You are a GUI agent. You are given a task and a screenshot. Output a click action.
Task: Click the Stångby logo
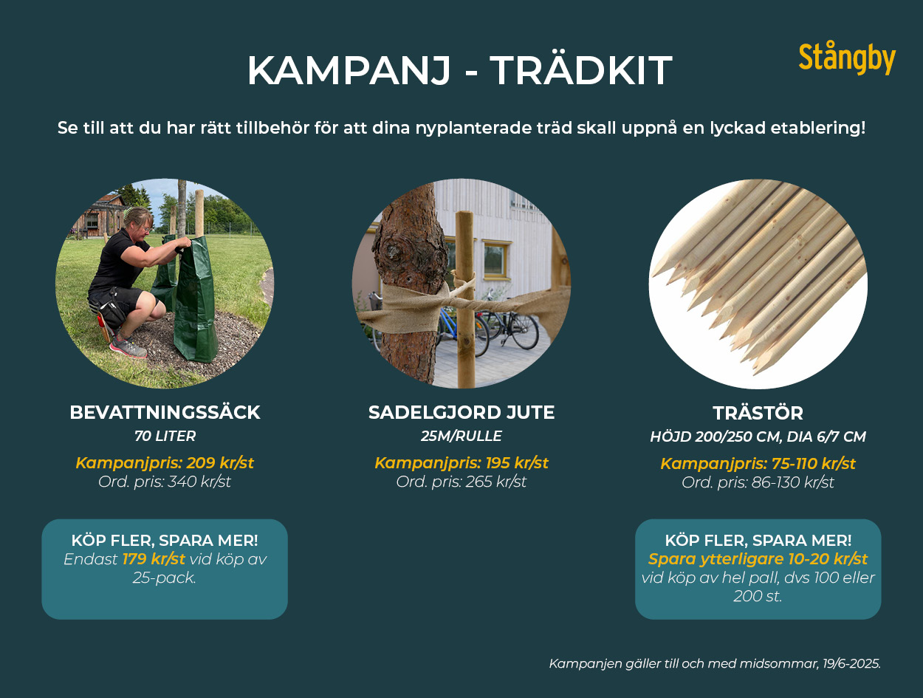(x=847, y=60)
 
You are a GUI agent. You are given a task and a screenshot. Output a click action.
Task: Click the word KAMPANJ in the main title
(x=349, y=71)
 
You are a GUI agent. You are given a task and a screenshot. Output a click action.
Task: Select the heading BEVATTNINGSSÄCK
(x=165, y=412)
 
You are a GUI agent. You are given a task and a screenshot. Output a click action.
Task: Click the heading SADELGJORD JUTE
(x=461, y=412)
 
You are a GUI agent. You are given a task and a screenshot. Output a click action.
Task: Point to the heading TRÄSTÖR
(x=758, y=413)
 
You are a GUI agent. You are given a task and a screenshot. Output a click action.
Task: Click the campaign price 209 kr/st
(x=220, y=463)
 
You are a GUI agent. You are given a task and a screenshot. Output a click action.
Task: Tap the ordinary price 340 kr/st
(x=199, y=482)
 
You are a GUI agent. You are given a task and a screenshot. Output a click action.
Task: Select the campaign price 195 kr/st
(x=517, y=463)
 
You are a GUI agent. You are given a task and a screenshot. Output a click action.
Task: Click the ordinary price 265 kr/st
(x=495, y=482)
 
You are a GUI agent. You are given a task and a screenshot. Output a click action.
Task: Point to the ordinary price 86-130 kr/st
(x=792, y=482)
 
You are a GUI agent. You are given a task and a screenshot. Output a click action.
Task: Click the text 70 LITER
(x=165, y=436)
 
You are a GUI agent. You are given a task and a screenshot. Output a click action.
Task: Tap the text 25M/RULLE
(x=461, y=436)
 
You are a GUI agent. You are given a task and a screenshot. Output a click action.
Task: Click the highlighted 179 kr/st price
(x=154, y=559)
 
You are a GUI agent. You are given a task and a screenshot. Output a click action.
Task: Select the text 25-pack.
(x=165, y=578)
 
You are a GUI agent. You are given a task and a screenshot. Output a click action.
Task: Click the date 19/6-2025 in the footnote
(x=851, y=663)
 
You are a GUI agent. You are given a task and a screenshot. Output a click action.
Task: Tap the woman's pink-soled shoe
(x=128, y=346)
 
